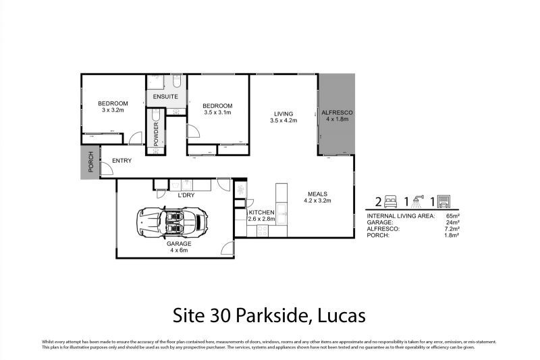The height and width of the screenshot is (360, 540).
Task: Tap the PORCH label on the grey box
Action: click(x=90, y=165)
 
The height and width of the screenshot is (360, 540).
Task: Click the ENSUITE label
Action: click(x=165, y=97)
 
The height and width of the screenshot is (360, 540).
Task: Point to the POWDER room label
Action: click(x=156, y=134)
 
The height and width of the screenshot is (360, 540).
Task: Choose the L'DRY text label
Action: click(x=186, y=195)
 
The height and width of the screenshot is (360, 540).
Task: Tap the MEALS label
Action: click(x=318, y=192)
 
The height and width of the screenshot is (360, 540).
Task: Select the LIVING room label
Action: click(x=283, y=113)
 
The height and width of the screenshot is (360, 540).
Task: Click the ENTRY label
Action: click(x=122, y=160)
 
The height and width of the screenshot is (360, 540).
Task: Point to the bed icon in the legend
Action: click(x=393, y=201)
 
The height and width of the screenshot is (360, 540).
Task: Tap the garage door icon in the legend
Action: click(x=444, y=201)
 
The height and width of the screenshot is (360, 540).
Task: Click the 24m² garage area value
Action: click(x=452, y=222)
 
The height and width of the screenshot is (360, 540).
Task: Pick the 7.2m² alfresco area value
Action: click(x=451, y=228)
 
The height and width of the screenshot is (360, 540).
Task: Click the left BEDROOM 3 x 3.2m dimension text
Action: click(x=113, y=110)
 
